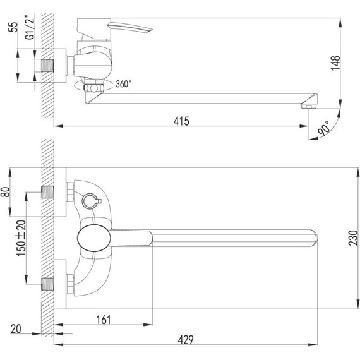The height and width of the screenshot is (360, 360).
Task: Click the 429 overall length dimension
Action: click(185, 339)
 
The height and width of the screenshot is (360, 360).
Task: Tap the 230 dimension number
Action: click(354, 238)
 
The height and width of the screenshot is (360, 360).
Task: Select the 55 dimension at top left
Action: click(11, 30)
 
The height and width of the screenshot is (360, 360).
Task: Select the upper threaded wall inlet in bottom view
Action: click(48, 190)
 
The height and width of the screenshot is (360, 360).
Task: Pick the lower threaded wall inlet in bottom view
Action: click(48, 284)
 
